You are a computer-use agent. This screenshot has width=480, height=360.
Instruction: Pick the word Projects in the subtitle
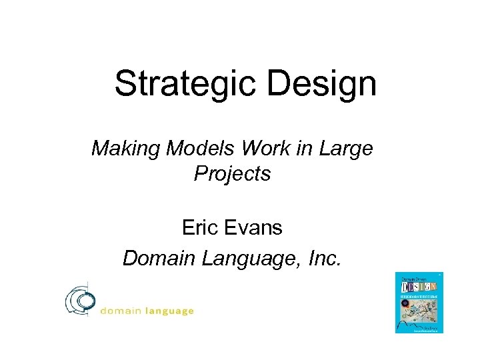(232, 174)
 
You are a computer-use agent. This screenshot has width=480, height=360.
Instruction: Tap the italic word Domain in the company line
(155, 257)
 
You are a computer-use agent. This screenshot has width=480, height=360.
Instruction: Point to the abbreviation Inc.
(323, 257)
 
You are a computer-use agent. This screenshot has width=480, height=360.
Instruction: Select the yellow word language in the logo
(169, 311)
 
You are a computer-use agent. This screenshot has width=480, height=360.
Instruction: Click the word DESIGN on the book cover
(419, 285)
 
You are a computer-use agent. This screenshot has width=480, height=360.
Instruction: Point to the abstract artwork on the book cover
(419, 309)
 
